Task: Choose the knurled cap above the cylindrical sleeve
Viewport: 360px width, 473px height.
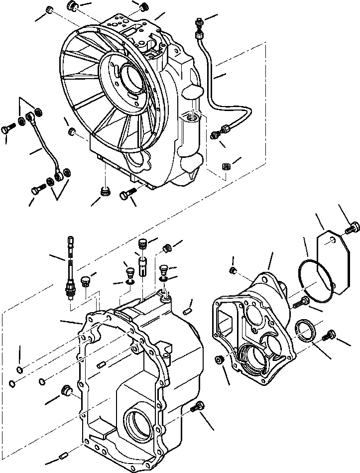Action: [x=142, y=244]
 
